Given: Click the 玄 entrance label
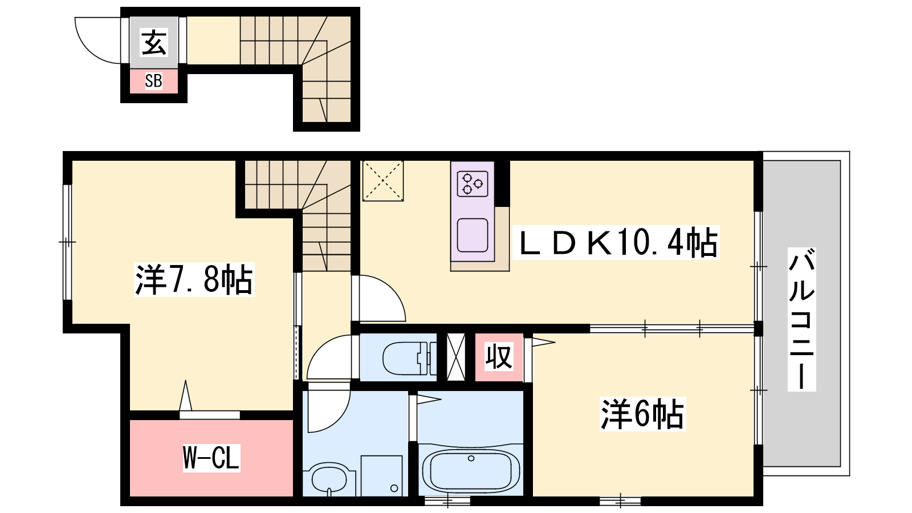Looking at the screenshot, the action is pos(153,42).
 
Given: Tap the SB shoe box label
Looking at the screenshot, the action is pos(153,81).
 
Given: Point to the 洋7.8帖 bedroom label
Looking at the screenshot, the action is pos(194,279).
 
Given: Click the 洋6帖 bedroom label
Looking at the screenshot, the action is pos(642,414).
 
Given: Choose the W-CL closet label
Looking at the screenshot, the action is pos(211,458).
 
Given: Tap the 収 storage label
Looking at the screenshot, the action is pos(499,357).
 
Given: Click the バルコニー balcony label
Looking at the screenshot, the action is pos(801,319).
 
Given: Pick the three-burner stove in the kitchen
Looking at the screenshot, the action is pos(473,184).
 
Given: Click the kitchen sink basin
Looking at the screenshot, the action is pos(473,235).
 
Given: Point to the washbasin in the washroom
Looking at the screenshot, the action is pos(330,479).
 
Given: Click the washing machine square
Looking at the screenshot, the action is pos(381,475).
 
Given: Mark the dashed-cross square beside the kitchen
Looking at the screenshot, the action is pos(382,181).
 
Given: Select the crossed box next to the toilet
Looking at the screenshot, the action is pos(456,357).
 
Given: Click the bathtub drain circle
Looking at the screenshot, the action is pos(471,458).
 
